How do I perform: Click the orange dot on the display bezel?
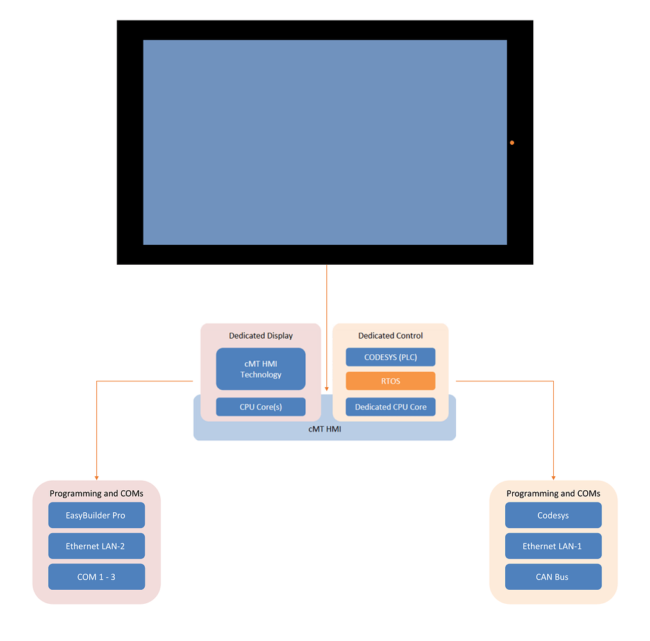[512, 142]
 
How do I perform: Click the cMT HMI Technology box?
[260, 369]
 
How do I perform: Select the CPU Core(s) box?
[260, 407]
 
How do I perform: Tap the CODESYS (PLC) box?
[390, 357]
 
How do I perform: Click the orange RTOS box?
[390, 381]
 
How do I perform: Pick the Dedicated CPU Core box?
[390, 407]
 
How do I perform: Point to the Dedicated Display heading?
[260, 335]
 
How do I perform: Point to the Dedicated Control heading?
[390, 335]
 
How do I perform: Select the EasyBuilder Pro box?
[96, 515]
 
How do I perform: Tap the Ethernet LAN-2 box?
[96, 546]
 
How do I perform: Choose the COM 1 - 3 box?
[96, 577]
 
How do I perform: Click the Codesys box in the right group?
[553, 515]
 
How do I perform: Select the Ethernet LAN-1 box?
[553, 546]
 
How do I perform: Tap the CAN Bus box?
[553, 577]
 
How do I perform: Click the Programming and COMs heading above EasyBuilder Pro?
[96, 494]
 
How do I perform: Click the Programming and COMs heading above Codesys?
[553, 494]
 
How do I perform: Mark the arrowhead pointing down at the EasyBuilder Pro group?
[96, 477]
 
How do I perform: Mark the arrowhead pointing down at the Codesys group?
[553, 477]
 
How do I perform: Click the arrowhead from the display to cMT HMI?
[327, 388]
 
